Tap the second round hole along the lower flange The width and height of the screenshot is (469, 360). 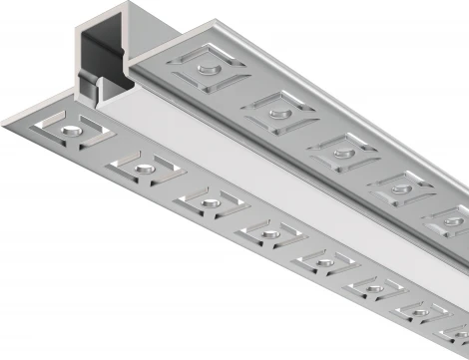point(143,167)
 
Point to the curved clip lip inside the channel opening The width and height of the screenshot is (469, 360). point(88,84)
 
